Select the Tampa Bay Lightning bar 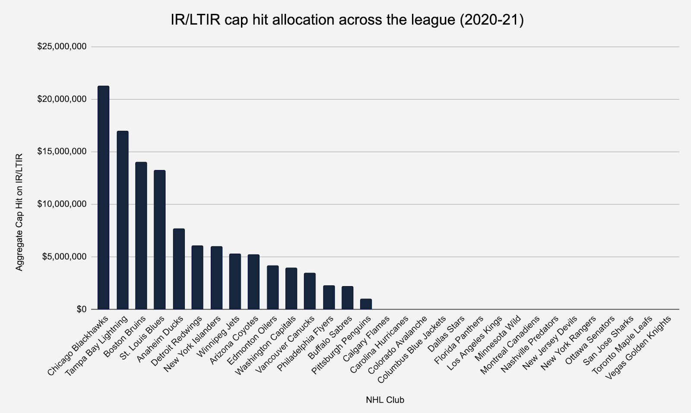tap(123, 220)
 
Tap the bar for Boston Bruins tap(141, 235)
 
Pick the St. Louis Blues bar tap(160, 240)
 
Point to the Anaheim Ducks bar tap(179, 269)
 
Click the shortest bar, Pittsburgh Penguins tap(366, 304)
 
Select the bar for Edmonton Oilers tap(273, 287)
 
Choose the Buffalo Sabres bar tap(347, 298)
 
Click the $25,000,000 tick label tap(62, 47)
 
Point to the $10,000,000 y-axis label tap(62, 204)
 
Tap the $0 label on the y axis tap(81, 309)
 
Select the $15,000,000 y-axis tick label tap(62, 151)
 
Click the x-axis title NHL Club tap(385, 400)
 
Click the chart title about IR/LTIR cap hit tap(347, 20)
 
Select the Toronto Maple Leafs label tap(622, 346)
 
